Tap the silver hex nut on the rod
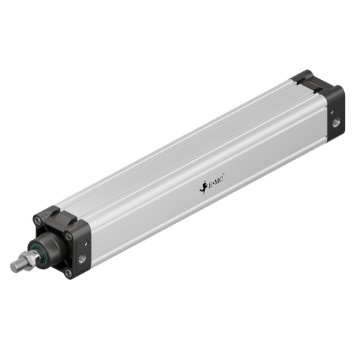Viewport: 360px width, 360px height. pyautogui.click(x=30, y=258)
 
